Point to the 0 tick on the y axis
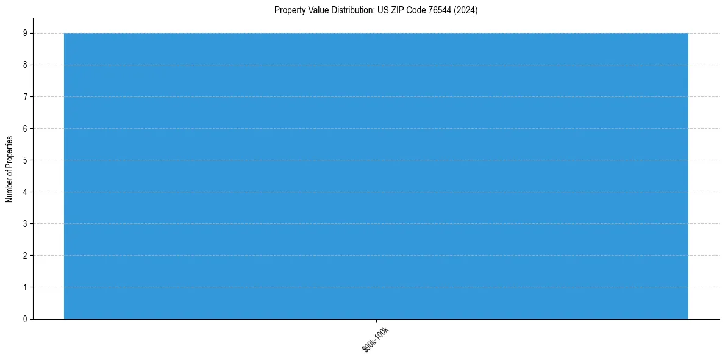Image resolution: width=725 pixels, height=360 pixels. click(24, 319)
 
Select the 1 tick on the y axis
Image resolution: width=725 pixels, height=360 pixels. click(24, 287)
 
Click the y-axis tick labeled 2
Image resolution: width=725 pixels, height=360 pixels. click(24, 256)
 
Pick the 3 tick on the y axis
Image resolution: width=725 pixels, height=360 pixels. click(24, 224)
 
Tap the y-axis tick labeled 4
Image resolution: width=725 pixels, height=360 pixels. click(24, 192)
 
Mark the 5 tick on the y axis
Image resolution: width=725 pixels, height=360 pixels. click(24, 160)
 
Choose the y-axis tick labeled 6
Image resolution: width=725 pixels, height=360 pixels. click(24, 129)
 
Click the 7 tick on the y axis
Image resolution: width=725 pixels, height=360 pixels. click(24, 97)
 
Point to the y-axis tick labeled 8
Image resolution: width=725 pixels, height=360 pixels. click(24, 65)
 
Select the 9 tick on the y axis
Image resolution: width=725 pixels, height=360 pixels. click(24, 34)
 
